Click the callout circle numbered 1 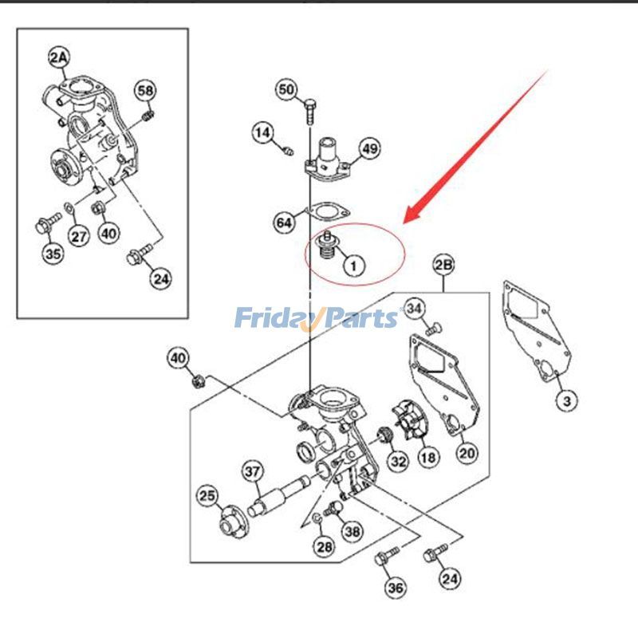(352, 263)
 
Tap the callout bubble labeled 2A (59, 56)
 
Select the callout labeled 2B (443, 264)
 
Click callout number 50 (287, 89)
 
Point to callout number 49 (369, 148)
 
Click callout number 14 (264, 132)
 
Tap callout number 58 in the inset (144, 90)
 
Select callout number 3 (565, 400)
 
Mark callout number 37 (253, 472)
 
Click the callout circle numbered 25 (207, 497)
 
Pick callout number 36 (396, 589)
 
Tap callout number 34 (415, 307)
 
